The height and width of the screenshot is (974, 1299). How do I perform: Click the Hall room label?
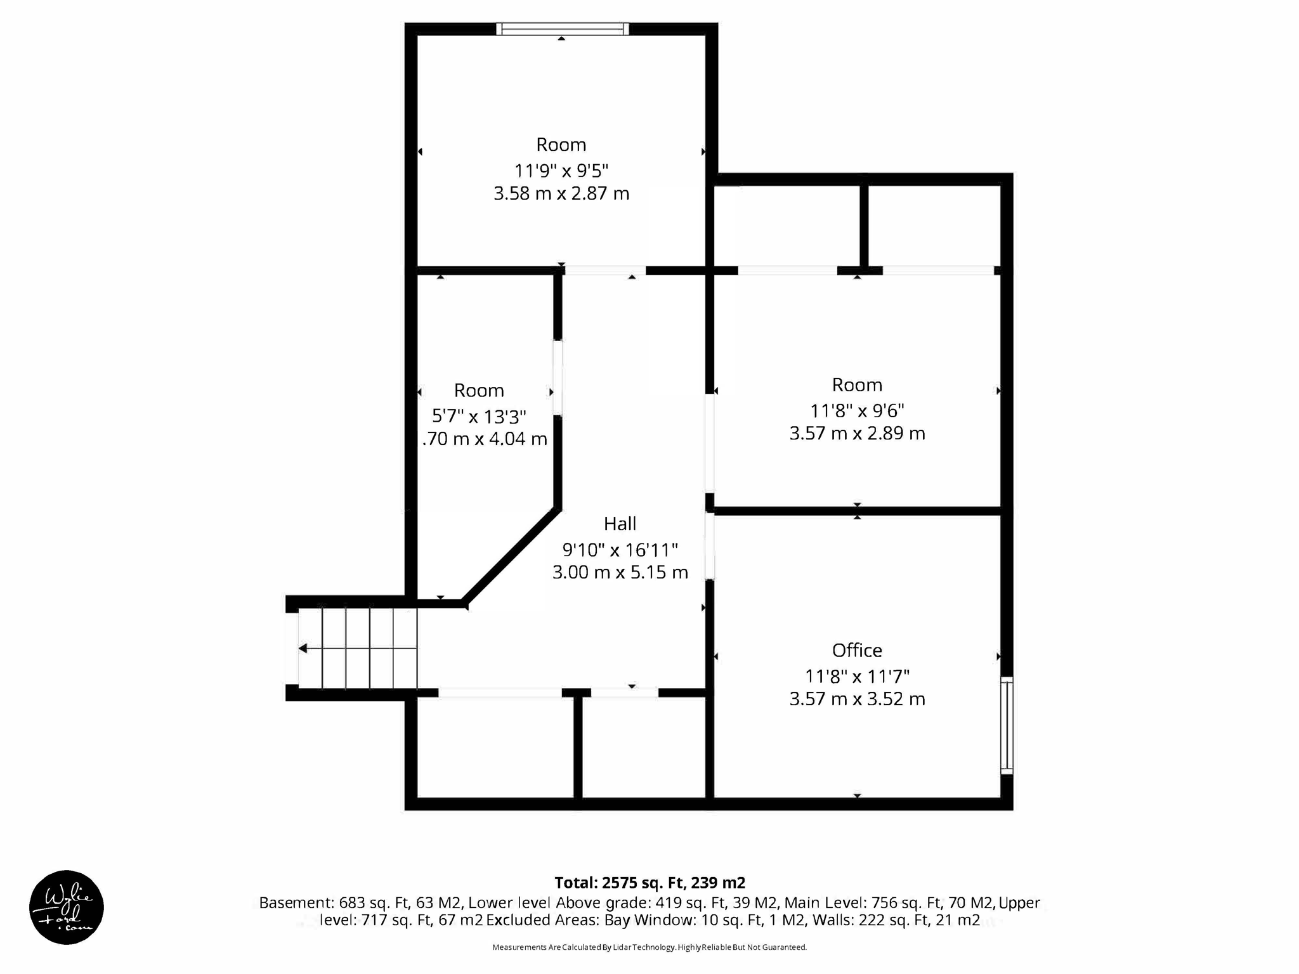coord(620,524)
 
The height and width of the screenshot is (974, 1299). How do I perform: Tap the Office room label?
coord(857,651)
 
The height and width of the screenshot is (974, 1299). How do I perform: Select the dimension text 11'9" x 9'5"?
coord(561,171)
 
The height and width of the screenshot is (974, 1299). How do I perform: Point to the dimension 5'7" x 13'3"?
coord(479,417)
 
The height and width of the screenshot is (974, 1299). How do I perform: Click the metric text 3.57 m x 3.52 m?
coord(857,699)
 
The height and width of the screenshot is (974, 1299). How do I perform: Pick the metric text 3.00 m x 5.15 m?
coord(620,573)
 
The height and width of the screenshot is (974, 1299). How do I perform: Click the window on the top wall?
coord(562,29)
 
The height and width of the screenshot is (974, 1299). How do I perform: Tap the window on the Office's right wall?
coord(1007,726)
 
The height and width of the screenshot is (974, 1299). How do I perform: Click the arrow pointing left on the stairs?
coord(303,648)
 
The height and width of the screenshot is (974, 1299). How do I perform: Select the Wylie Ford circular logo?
coord(67,907)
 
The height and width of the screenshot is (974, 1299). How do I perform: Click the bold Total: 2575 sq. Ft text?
coord(649,883)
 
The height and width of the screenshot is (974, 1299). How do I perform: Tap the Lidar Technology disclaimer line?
coord(649,947)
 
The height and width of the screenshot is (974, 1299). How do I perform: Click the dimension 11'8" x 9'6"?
coord(857,411)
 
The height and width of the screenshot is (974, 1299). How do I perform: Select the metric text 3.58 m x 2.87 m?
coord(561,193)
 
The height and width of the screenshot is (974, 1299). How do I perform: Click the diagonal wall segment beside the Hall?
coord(511,555)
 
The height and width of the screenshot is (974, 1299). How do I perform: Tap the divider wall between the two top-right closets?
coord(863,225)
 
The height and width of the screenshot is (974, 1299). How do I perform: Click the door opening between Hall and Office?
coord(710,547)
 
